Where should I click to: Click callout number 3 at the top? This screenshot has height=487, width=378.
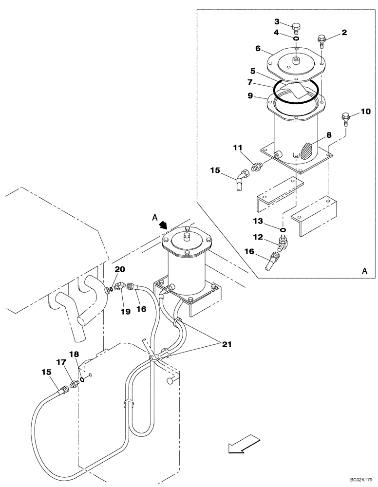point(277,21)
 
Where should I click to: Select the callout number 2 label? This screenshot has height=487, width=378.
point(344,33)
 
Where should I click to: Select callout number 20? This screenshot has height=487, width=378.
point(119,269)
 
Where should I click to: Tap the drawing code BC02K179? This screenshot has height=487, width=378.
point(358,479)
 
